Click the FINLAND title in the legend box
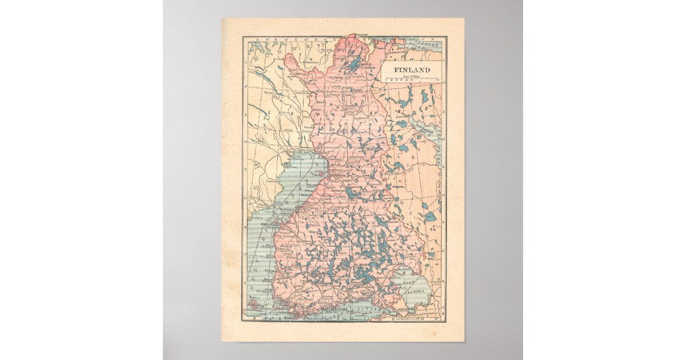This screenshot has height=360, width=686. pyautogui.click(x=410, y=70)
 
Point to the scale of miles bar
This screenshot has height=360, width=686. pyautogui.click(x=410, y=79)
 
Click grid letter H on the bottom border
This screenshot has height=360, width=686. pyautogui.click(x=421, y=319)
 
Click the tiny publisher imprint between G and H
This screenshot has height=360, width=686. pyautogui.click(x=407, y=319)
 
